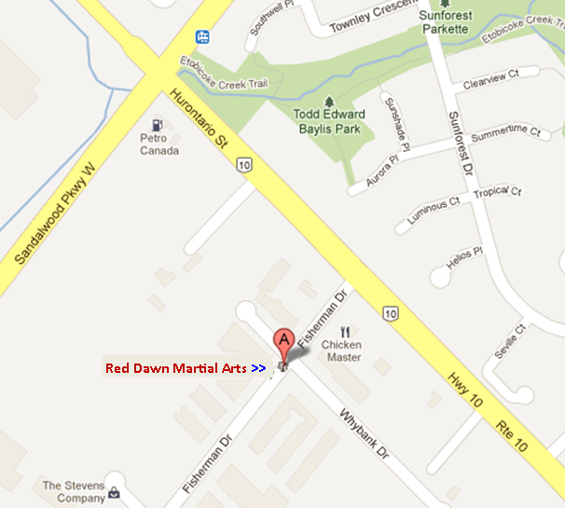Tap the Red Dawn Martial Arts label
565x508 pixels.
175,368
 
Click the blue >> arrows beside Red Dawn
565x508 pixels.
258,369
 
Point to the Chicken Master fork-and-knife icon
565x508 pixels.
344,331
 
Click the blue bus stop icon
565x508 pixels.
202,36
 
